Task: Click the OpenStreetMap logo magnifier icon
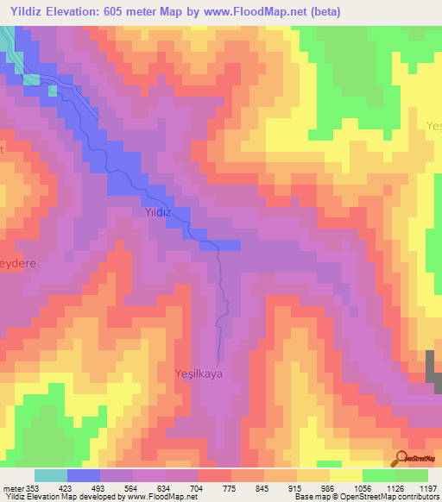(x=402, y=458)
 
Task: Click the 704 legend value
(x=197, y=486)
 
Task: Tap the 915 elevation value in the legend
(x=295, y=486)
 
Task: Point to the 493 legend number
(x=98, y=486)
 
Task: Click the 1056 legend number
(x=362, y=486)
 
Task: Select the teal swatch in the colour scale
(x=51, y=475)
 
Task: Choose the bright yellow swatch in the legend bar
(x=345, y=475)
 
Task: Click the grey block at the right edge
(x=434, y=371)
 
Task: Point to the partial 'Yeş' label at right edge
(x=433, y=126)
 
